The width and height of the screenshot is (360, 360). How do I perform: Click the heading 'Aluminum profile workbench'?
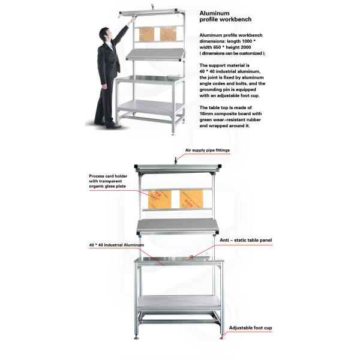click(226, 16)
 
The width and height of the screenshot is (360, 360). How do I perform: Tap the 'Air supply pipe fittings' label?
click(208, 151)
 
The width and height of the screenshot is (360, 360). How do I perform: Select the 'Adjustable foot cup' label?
click(250, 328)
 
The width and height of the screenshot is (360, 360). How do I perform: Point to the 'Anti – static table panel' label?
click(245, 240)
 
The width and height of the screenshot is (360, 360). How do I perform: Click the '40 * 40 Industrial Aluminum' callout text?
click(116, 245)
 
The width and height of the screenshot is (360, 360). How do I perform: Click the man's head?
click(105, 34)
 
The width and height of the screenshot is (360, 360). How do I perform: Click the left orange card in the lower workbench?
click(160, 200)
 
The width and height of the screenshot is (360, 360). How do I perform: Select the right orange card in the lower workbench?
click(191, 199)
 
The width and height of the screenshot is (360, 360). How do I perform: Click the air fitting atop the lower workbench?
click(176, 160)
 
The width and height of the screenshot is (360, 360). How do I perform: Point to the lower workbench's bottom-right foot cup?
click(221, 337)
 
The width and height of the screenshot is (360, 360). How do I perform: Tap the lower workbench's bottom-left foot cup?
click(137, 337)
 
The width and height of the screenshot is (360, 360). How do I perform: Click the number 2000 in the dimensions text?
click(245, 47)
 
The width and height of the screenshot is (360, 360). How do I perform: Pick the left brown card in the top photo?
click(146, 34)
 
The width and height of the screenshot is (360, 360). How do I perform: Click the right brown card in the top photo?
click(168, 34)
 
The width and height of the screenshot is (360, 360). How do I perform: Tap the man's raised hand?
click(134, 18)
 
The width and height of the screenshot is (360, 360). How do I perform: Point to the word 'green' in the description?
click(206, 120)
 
